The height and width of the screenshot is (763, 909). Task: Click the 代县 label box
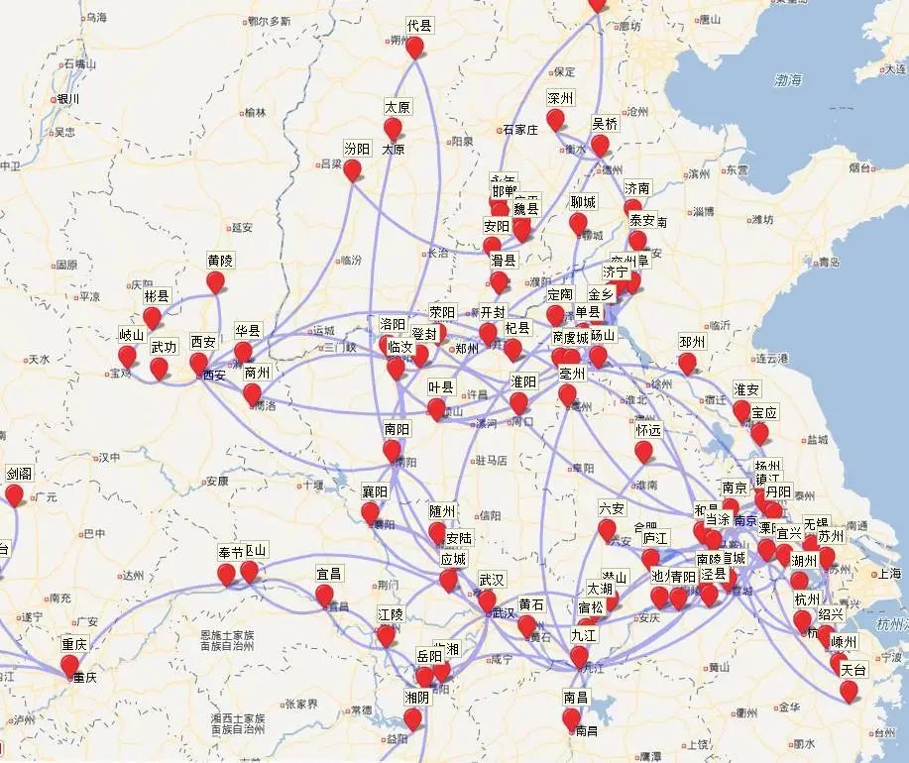coord(419,26)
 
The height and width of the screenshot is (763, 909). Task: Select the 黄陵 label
coord(220,260)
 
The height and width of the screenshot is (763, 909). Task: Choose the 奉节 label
coord(230,552)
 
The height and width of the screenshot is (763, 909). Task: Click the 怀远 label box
coord(648,431)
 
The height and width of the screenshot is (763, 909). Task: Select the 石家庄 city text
coord(519,129)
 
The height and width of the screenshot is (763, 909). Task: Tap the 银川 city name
coord(67,98)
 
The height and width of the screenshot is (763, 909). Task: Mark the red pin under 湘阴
coord(412,716)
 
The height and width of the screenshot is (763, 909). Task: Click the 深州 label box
coord(560,99)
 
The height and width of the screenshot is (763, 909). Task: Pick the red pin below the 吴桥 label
coord(600,146)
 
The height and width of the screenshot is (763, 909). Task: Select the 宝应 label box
coord(764,412)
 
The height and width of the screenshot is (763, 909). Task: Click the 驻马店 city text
coord(492,460)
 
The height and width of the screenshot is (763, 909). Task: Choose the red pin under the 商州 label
coord(252,393)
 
